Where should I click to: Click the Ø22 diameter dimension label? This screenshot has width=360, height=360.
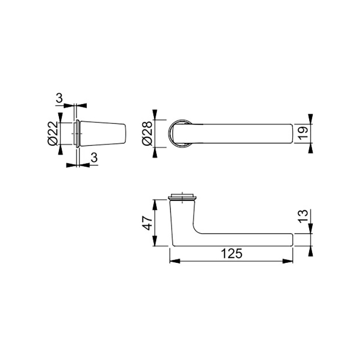(53, 133)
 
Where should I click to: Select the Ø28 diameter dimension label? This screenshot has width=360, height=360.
(147, 133)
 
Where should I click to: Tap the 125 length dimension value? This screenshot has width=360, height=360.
(231, 254)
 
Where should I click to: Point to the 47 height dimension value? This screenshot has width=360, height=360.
(147, 223)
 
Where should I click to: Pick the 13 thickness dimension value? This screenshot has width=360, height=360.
(303, 216)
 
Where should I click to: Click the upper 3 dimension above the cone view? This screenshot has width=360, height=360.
(59, 98)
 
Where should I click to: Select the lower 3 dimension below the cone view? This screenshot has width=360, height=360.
(94, 158)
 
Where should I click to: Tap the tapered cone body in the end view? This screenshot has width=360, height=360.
(103, 133)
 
